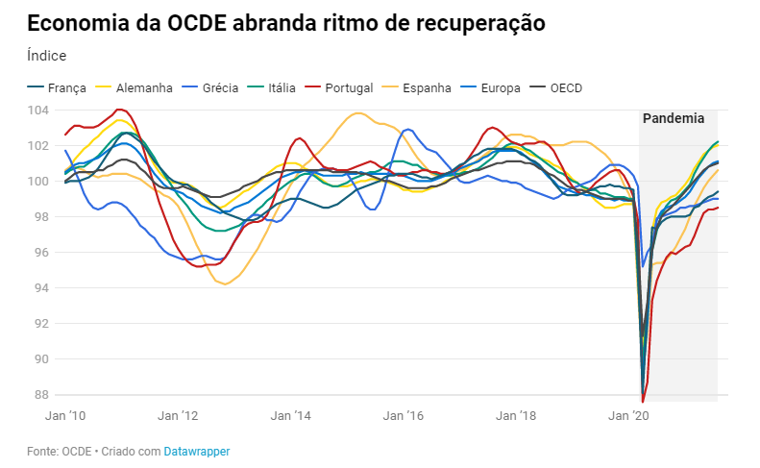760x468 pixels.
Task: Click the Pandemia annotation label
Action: pos(673,119)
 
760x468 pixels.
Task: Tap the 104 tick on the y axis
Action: pos(39,111)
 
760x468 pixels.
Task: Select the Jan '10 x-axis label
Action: pos(65,417)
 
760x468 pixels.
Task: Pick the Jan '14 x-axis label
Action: pos(290,417)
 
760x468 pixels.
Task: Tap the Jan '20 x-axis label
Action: pos(628,417)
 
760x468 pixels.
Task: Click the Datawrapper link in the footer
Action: pos(196,451)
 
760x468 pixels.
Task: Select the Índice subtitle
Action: pos(47,56)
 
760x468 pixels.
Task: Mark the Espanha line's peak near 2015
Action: pos(358,113)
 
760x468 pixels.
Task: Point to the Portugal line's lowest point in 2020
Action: pos(643,401)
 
